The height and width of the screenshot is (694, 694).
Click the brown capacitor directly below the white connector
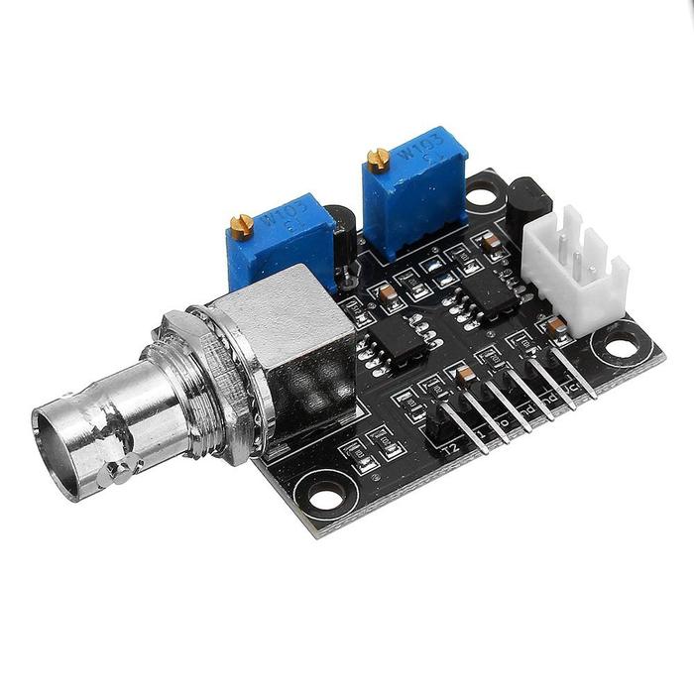tap(557, 326)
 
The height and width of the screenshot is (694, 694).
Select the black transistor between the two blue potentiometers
tap(343, 238)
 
